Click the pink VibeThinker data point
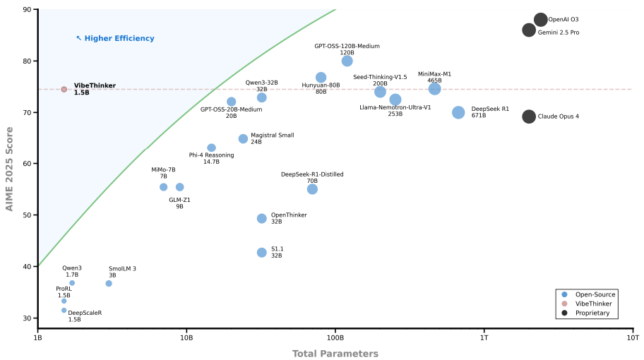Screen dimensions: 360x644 [64, 89]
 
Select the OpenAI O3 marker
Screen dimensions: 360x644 [541, 20]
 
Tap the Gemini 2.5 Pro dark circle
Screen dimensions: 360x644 [529, 30]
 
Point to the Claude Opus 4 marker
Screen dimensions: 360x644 [529, 116]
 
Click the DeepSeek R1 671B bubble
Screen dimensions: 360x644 [458, 112]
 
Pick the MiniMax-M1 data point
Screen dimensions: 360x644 [434, 88]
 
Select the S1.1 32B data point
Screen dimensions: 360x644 [262, 253]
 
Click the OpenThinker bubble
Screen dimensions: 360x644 [262, 219]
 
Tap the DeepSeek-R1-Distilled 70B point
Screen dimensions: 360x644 [312, 189]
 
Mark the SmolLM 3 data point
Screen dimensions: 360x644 [109, 284]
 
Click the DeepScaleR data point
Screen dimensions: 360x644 [64, 311]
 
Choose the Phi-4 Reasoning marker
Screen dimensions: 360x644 [212, 148]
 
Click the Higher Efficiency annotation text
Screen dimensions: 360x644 [115, 39]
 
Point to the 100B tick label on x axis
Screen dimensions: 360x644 [335, 338]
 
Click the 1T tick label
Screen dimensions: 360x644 [484, 338]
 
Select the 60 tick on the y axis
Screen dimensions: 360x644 [26, 164]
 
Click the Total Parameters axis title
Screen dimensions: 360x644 [335, 354]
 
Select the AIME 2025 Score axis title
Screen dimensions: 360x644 [10, 169]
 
